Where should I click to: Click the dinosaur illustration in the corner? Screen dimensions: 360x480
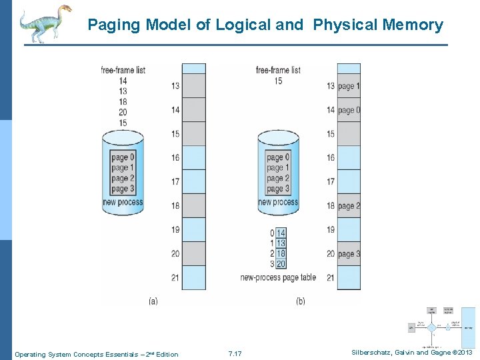44,23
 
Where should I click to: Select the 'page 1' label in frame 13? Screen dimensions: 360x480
349,86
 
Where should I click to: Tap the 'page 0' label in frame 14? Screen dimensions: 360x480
349,110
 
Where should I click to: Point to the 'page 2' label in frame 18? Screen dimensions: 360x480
349,206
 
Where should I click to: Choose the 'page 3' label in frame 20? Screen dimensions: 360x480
349,254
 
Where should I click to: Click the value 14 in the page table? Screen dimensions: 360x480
281,233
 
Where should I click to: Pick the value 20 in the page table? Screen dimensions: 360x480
281,264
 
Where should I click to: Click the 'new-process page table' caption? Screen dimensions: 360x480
279,277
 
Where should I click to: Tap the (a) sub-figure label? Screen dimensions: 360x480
153,301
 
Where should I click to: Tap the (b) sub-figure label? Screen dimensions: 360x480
300,301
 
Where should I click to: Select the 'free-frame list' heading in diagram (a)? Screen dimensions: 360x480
123,70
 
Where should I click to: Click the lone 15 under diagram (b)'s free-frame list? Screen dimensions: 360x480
278,81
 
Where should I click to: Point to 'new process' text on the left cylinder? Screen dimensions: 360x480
123,202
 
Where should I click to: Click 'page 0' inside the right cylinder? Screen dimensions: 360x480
278,157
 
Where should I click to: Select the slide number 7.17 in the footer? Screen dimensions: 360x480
235,354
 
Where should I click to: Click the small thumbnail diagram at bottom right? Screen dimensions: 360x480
441,327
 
